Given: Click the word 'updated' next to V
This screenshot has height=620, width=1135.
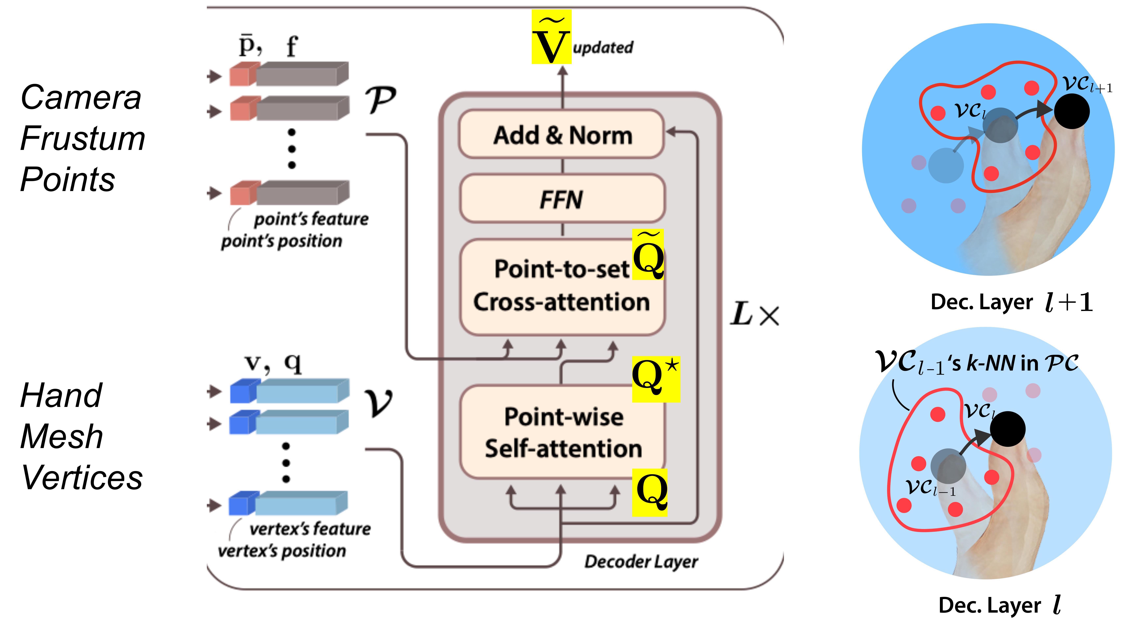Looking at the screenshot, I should [x=603, y=47].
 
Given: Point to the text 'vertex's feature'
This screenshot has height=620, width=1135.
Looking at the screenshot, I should [x=310, y=528].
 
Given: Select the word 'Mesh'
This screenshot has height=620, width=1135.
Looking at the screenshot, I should [x=62, y=436].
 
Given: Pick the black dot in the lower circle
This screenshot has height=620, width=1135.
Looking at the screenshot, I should [x=1007, y=429].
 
